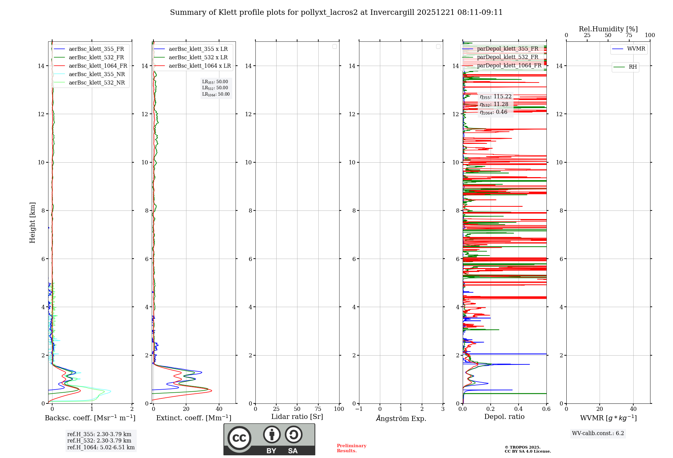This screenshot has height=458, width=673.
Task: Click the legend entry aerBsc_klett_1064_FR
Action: (98, 66)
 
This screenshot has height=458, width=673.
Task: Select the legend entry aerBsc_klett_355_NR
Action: (97, 74)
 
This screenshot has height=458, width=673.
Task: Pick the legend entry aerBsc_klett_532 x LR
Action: (198, 58)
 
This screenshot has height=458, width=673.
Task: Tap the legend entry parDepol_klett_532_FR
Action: (507, 57)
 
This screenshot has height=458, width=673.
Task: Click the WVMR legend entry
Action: (636, 49)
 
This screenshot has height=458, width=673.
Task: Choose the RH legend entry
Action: (633, 67)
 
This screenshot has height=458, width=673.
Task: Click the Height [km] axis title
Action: (32, 223)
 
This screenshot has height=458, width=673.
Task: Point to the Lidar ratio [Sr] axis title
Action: (297, 417)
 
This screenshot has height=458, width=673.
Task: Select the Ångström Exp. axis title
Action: (401, 419)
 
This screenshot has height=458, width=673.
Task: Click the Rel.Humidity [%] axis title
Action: (608, 29)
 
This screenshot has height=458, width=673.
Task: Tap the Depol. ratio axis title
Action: (504, 417)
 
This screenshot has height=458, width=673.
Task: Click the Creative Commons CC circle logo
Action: (239, 438)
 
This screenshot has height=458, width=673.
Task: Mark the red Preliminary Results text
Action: (351, 448)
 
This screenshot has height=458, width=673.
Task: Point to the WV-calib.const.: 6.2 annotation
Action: (598, 433)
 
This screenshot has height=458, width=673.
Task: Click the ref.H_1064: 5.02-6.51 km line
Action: (101, 448)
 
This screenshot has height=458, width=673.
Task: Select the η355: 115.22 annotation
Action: (496, 97)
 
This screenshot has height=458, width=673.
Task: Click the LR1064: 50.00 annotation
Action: (216, 94)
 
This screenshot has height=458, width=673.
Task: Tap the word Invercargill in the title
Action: (392, 12)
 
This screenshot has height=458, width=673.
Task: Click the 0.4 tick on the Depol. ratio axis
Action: (519, 409)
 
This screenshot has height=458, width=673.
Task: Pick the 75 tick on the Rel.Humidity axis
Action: (629, 35)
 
